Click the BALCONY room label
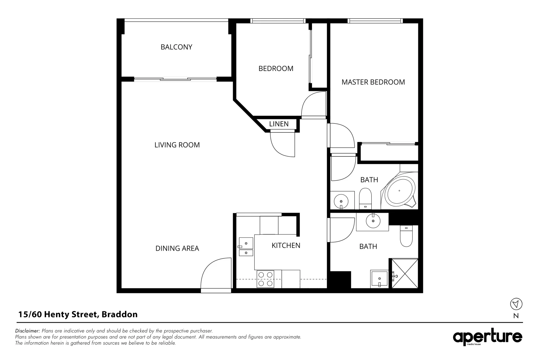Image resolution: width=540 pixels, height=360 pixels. (x=176, y=47)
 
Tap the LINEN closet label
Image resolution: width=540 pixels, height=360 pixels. (x=279, y=124)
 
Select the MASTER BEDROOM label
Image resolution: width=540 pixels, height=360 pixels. (x=373, y=82)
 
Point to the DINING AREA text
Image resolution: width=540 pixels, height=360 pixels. (x=177, y=248)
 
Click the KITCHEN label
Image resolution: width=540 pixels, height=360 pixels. (x=286, y=245)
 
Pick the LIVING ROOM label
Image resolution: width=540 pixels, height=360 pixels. (x=177, y=145)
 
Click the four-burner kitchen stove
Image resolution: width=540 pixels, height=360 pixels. (x=265, y=279)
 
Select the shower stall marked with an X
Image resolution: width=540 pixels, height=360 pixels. (x=405, y=273)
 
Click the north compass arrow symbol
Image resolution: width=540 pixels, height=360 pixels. (x=516, y=304)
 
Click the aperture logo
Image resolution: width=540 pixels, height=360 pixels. (x=487, y=337)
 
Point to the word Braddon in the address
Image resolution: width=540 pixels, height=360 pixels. (x=120, y=314)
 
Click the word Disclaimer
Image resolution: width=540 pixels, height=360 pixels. (x=27, y=331)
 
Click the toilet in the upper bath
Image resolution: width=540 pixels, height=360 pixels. (x=365, y=199)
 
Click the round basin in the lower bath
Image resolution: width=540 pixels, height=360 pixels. (x=373, y=221)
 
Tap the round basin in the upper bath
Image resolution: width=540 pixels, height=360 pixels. (x=341, y=201)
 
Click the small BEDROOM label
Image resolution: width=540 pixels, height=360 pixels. (x=276, y=68)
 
